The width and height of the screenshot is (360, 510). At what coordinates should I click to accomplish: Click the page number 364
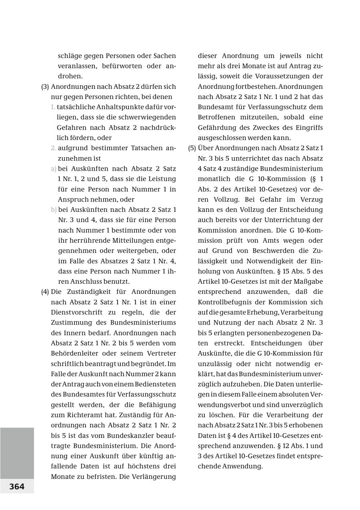17,486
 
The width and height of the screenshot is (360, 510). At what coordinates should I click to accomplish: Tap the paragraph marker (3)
45,86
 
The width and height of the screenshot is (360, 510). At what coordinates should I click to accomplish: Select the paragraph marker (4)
45,292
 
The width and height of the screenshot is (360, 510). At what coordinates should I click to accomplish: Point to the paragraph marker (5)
192,148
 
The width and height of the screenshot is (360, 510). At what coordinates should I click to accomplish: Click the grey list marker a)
54,169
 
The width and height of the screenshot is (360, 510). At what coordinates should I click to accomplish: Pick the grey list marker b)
54,209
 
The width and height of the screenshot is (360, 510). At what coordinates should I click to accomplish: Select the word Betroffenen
217,117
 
